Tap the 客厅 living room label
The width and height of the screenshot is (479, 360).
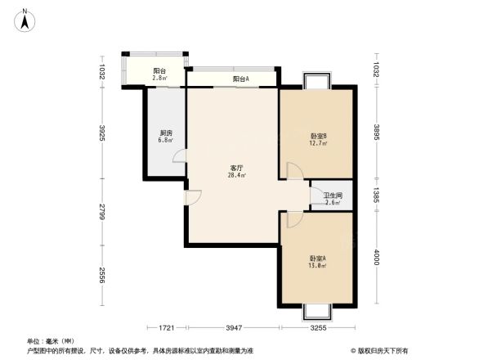[237, 167]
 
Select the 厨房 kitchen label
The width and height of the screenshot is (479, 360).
[165, 133]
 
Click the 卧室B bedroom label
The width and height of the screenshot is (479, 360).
[318, 136]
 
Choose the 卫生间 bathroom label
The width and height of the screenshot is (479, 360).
[332, 196]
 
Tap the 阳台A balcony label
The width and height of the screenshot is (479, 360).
[240, 79]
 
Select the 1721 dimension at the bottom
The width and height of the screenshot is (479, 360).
[167, 329]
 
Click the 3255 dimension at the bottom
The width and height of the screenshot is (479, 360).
[319, 329]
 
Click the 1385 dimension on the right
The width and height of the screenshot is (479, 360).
[375, 194]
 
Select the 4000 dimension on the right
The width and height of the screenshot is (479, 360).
[375, 259]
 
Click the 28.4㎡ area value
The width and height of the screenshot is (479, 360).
[237, 174]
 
